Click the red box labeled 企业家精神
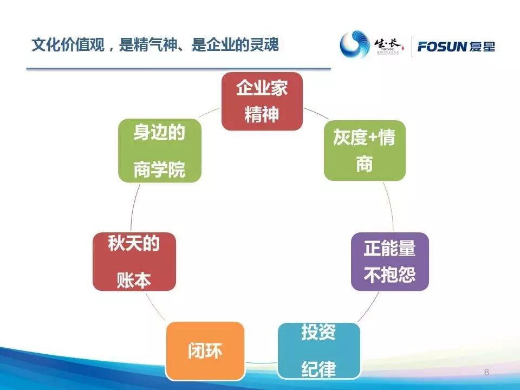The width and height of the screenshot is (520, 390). click(262, 101)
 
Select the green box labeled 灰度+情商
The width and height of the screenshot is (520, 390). click(364, 151)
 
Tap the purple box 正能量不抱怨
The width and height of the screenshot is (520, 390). click(389, 262)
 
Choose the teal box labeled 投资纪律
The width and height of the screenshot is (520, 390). click(318, 350)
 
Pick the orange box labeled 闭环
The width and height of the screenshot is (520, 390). click(205, 350)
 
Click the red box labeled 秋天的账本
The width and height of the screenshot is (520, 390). click(134, 262)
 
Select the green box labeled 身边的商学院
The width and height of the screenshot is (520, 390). click(159, 151)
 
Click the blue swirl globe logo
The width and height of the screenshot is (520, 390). click(355, 45)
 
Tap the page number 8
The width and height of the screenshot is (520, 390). click(486, 372)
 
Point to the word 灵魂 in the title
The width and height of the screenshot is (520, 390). click(265, 45)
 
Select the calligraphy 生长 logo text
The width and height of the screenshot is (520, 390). click(388, 43)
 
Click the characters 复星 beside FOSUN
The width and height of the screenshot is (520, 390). click(482, 47)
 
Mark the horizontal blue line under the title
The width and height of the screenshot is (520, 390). click(179, 69)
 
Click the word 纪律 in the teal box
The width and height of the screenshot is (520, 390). click(318, 369)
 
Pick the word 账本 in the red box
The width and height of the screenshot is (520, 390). click(134, 281)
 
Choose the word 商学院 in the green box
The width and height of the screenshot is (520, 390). click(159, 170)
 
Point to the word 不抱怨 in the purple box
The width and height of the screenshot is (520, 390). click(389, 275)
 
